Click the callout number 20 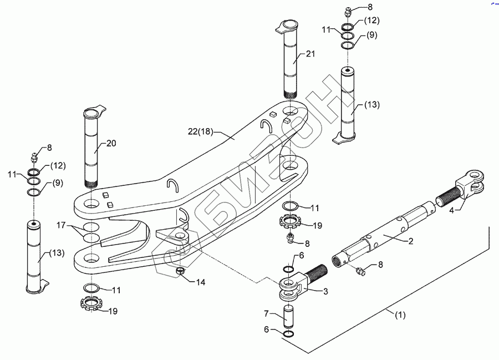click(111, 143)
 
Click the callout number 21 click(310, 54)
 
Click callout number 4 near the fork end click(452, 210)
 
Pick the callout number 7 click(266, 313)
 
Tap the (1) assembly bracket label click(400, 315)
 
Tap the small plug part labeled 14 click(180, 271)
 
